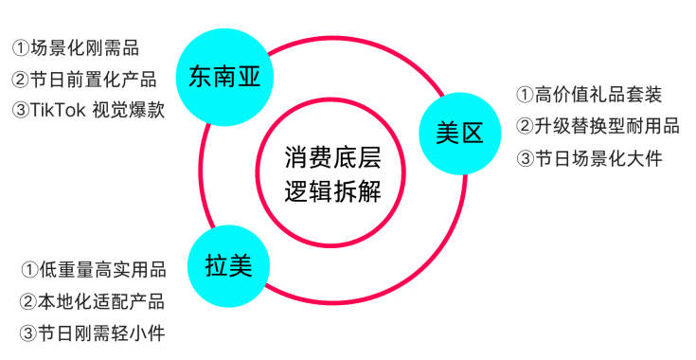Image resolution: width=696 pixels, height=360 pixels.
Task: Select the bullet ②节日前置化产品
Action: click(83, 79)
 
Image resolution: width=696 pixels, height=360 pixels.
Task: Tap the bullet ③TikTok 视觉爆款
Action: click(89, 110)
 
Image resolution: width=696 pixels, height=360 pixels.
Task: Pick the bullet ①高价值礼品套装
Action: click(588, 94)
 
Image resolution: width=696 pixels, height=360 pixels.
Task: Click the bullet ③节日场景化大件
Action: click(588, 158)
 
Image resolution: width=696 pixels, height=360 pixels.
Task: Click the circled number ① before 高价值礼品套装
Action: click(525, 94)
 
